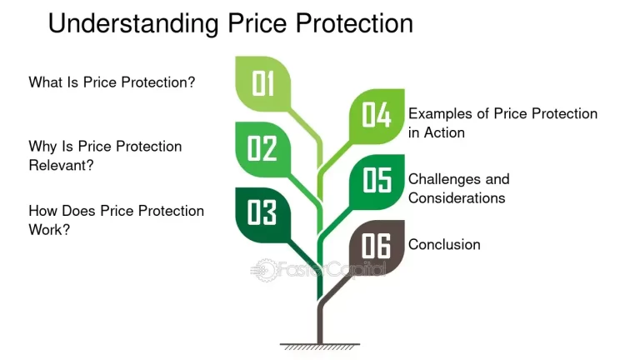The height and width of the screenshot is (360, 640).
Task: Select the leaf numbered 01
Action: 263,83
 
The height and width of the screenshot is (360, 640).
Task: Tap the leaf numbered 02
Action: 262,148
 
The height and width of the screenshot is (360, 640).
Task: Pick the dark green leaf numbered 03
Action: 262,212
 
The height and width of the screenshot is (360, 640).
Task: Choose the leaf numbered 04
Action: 376,116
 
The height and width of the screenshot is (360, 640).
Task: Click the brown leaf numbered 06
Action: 376,246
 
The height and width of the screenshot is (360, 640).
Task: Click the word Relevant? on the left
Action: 61,165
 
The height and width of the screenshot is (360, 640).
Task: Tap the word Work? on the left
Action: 49,229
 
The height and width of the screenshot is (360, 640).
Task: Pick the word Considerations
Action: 457,198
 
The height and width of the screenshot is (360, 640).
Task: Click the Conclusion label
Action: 444,245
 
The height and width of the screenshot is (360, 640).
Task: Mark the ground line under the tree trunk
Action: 320,344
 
